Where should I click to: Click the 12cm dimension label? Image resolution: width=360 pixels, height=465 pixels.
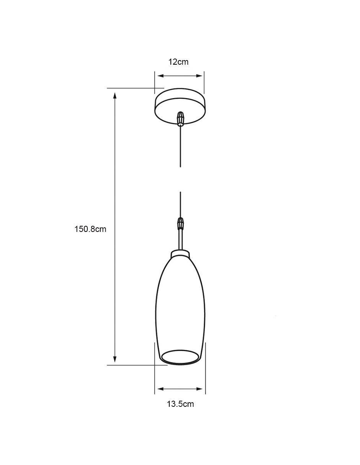pyautogui.click(x=178, y=62)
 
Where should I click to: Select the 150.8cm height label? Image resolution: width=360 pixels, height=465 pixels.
pyautogui.click(x=90, y=229)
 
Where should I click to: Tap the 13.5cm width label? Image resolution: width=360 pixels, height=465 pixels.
pyautogui.click(x=180, y=404)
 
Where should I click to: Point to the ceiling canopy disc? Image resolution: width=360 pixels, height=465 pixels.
pyautogui.click(x=180, y=106)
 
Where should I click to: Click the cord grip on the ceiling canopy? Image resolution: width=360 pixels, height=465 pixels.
pyautogui.click(x=181, y=119)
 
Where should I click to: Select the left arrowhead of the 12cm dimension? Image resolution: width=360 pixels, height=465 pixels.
pyautogui.click(x=160, y=76)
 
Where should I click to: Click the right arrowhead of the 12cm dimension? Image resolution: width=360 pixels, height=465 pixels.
pyautogui.click(x=199, y=76)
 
